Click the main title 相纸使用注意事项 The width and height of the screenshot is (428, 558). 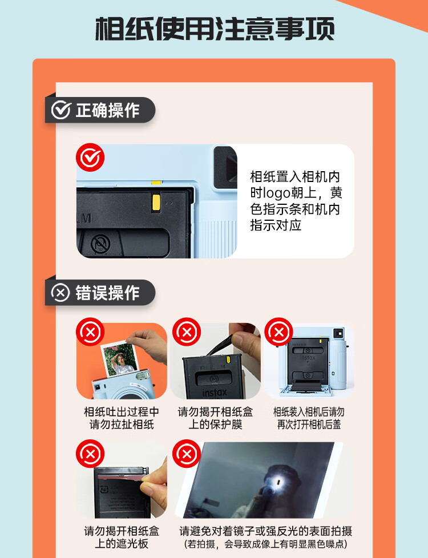tap(215, 29)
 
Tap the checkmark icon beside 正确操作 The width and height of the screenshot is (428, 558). tap(61, 110)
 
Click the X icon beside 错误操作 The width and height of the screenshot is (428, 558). tap(60, 293)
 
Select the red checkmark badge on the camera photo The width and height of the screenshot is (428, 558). tap(90, 157)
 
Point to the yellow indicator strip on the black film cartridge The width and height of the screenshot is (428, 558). tap(156, 203)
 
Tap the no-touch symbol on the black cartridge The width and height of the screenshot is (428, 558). tap(100, 244)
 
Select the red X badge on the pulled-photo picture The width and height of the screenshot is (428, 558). tap(90, 331)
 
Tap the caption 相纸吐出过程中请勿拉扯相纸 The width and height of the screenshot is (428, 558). tap(122, 418)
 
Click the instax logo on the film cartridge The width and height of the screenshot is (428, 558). tap(215, 393)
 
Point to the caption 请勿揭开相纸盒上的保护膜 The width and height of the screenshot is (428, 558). tap(215, 418)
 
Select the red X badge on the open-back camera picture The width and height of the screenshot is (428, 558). tap(279, 331)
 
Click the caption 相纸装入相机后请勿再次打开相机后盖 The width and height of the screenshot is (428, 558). tap(309, 418)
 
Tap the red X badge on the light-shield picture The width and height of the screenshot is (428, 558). tap(90, 454)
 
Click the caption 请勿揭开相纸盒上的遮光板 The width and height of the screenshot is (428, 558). tap(122, 537)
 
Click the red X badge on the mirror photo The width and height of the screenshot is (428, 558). tap(187, 454)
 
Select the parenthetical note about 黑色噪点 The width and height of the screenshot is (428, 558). tap(265, 544)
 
